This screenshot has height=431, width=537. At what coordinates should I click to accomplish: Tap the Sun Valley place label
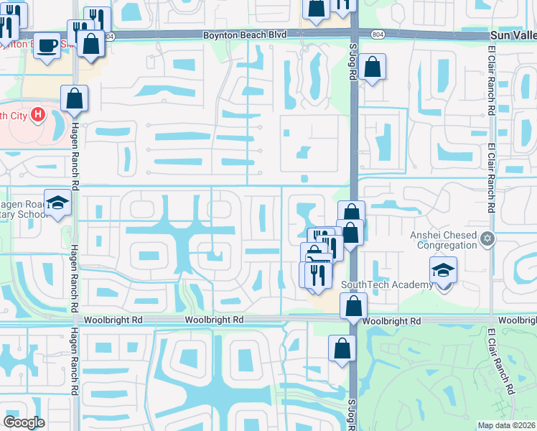(513, 35)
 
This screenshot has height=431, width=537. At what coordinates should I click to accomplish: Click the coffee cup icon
(48, 45)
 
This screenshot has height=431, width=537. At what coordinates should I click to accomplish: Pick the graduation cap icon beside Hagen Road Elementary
(57, 203)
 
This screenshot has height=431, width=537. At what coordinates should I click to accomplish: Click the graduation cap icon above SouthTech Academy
(443, 272)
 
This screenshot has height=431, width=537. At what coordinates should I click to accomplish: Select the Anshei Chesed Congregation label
(443, 239)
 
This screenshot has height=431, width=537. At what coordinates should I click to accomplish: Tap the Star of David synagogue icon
(487, 238)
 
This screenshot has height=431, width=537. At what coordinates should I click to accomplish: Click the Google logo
(24, 422)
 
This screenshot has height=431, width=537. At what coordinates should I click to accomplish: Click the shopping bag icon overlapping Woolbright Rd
(354, 306)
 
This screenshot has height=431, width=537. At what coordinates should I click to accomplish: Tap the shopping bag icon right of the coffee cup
(91, 43)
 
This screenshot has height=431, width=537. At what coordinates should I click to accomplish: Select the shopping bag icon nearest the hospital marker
(74, 98)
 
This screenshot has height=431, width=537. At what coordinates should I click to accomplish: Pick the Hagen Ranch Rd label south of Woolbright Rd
(74, 363)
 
